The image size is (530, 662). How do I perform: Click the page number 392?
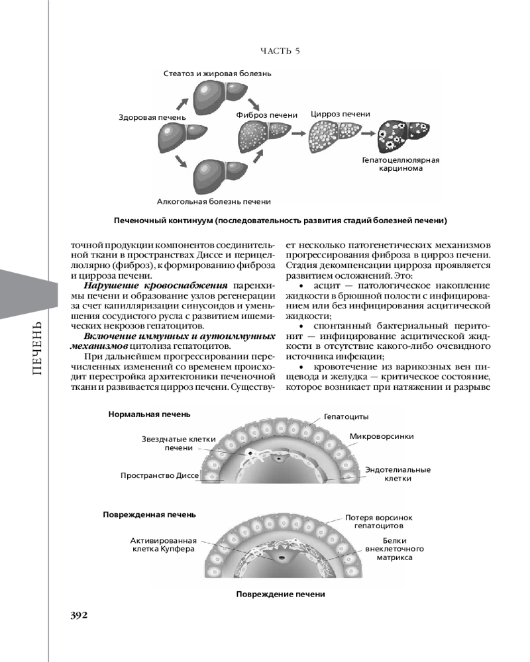pyautogui.click(x=79, y=614)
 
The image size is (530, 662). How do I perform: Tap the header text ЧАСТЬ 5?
pyautogui.click(x=281, y=51)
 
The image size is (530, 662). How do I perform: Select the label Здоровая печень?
pyautogui.click(x=152, y=117)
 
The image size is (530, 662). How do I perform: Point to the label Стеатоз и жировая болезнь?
pyautogui.click(x=218, y=73)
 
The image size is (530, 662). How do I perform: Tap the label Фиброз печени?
pyautogui.click(x=267, y=115)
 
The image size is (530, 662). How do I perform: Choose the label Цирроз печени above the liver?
pyautogui.click(x=341, y=114)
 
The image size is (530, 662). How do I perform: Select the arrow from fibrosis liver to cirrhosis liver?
pyautogui.click(x=299, y=134)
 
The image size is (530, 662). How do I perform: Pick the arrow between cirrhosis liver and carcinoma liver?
pyautogui.click(x=366, y=134)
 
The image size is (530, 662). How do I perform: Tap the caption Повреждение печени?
pyautogui.click(x=280, y=594)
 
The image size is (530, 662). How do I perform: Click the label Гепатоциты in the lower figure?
pyautogui.click(x=346, y=416)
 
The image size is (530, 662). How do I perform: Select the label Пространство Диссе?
pyautogui.click(x=160, y=475)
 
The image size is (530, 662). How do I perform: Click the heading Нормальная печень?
pyautogui.click(x=149, y=414)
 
